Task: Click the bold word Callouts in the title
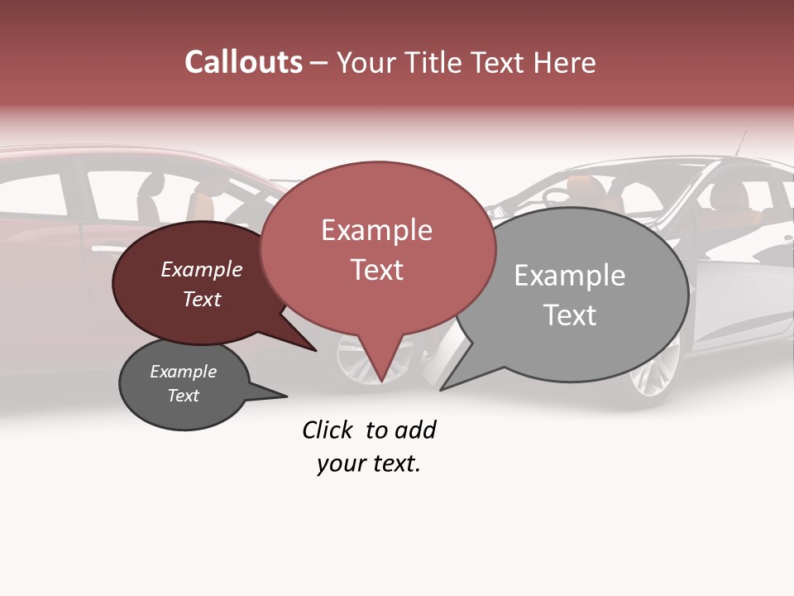point(243,62)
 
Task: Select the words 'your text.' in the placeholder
point(369,464)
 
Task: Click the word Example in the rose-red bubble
point(377,230)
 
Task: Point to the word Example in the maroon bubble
point(202,269)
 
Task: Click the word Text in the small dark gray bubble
point(184,396)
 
